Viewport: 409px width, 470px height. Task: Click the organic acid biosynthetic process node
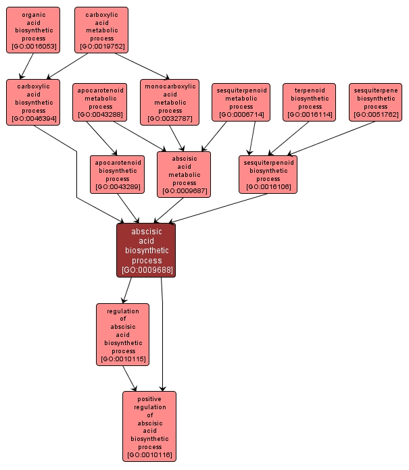tap(33, 30)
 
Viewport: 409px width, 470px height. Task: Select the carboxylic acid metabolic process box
tap(101, 30)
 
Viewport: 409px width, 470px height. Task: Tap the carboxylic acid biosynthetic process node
tap(33, 102)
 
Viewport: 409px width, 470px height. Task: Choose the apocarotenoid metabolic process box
tap(100, 101)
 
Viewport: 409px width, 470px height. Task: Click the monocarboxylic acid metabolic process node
tap(170, 102)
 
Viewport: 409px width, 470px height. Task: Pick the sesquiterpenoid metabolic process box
tap(241, 102)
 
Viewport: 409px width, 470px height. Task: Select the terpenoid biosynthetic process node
tap(310, 102)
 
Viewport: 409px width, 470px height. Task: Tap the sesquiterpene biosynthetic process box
tap(376, 102)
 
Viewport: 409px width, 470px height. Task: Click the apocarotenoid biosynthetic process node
tap(116, 174)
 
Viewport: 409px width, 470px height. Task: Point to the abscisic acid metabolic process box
tap(184, 174)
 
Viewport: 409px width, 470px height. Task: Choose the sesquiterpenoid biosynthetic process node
tap(268, 174)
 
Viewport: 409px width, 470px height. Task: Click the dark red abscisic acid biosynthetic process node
tap(146, 250)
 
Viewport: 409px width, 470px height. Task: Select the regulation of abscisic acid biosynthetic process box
tap(123, 334)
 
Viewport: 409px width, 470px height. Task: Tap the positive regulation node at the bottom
tap(149, 426)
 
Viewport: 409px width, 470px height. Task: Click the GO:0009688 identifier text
tap(147, 270)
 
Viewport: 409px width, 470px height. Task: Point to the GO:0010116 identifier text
tap(149, 455)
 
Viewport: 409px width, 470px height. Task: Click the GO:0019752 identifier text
tap(101, 47)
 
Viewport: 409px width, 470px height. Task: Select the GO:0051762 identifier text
tap(376, 115)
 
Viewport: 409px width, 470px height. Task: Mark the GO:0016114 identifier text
tap(310, 115)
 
